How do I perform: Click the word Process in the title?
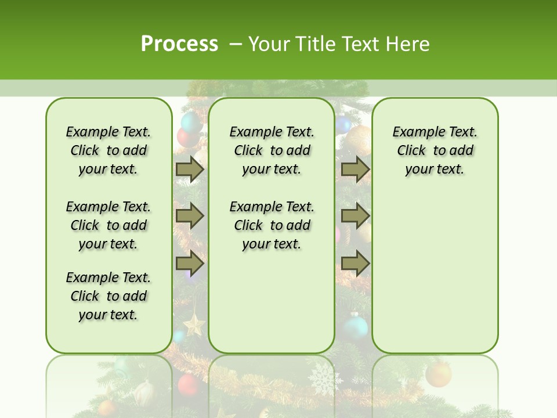[179, 44]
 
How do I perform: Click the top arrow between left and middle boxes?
[190, 170]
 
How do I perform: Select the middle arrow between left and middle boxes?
[190, 217]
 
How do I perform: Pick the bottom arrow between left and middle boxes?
[190, 264]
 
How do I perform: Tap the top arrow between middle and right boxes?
[355, 170]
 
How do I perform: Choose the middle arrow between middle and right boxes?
[355, 217]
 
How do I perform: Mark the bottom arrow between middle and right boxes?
[355, 264]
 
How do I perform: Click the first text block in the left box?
[108, 150]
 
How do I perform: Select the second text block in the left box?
[108, 225]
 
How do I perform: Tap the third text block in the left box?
[108, 296]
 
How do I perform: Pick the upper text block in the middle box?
[272, 150]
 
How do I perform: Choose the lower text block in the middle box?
[272, 225]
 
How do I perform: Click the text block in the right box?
[435, 150]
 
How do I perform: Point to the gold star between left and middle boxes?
[194, 324]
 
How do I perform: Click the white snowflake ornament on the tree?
[325, 380]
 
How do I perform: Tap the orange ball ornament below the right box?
[438, 374]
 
